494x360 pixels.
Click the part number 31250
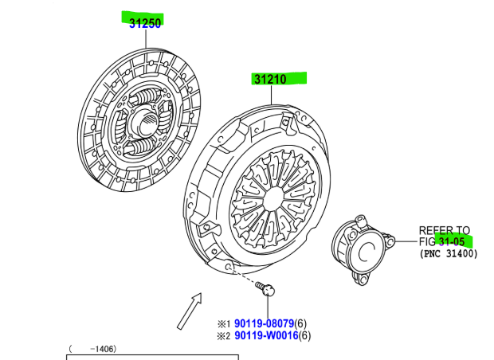point(145,23)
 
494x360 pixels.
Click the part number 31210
point(271,79)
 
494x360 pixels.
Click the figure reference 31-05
point(452,241)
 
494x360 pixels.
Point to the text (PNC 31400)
point(448,253)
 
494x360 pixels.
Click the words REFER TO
point(445,229)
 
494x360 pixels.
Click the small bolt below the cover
point(269,291)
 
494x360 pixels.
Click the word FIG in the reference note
point(428,241)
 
